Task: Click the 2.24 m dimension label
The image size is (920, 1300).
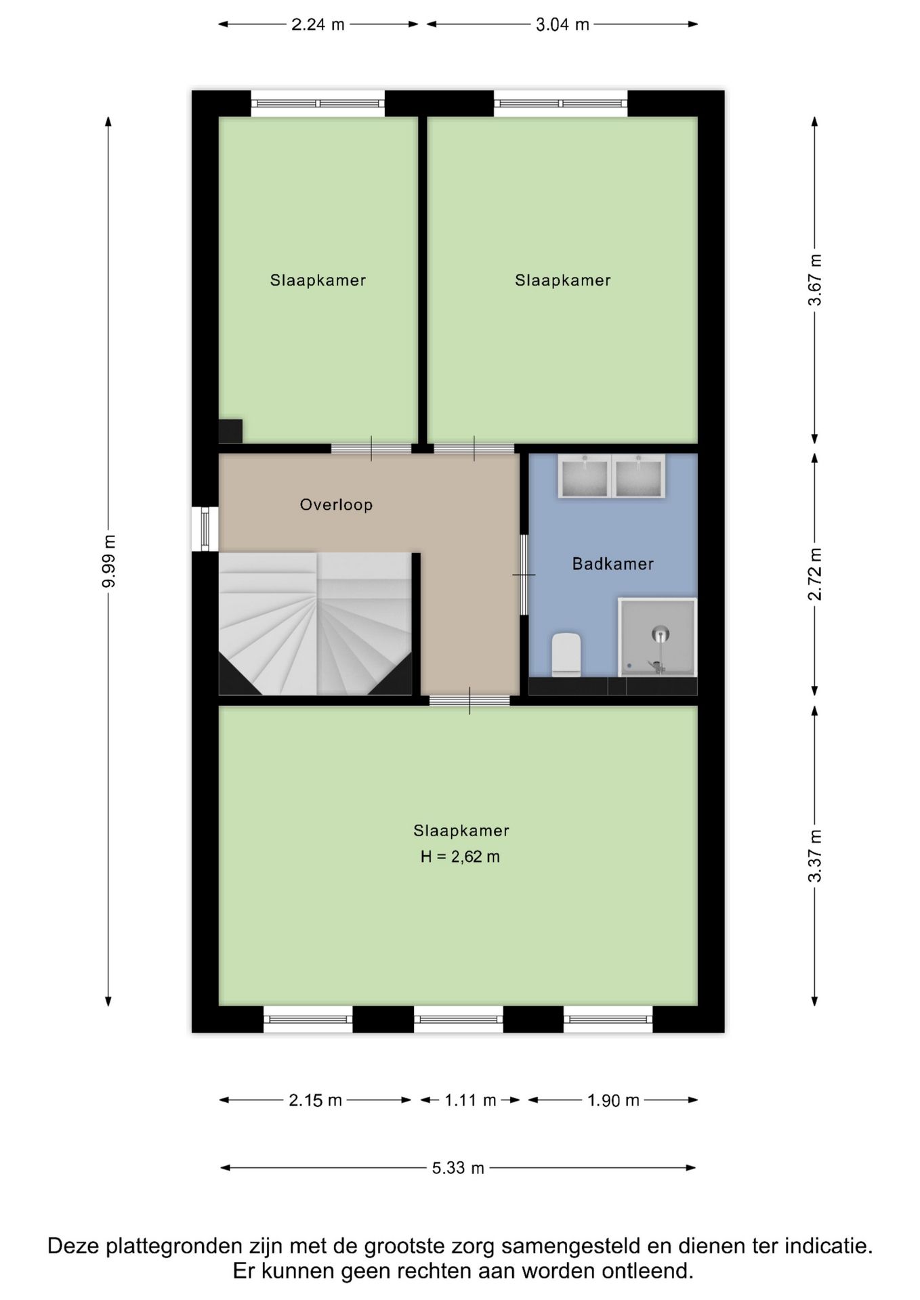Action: pyautogui.click(x=318, y=25)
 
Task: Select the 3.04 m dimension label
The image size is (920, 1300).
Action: pyautogui.click(x=562, y=25)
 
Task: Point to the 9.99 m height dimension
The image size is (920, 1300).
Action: pyautogui.click(x=108, y=561)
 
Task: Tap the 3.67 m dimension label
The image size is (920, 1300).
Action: pyautogui.click(x=815, y=280)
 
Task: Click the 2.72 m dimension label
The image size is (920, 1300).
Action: pyautogui.click(x=815, y=573)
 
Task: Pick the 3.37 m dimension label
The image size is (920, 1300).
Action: pyautogui.click(x=815, y=856)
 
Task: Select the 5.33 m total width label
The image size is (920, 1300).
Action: pyautogui.click(x=459, y=1168)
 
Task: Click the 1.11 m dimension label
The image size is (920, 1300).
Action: pyautogui.click(x=470, y=1100)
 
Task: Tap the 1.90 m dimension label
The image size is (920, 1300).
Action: pyautogui.click(x=613, y=1100)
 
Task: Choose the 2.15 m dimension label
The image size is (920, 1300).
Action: pyautogui.click(x=315, y=1100)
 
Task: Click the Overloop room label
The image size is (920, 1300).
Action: pyautogui.click(x=336, y=504)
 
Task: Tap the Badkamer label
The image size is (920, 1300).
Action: pyautogui.click(x=612, y=563)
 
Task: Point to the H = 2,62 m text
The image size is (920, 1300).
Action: pyautogui.click(x=460, y=857)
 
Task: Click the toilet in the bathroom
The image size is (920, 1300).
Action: pyautogui.click(x=566, y=654)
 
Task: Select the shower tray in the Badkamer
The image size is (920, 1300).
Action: pyautogui.click(x=657, y=636)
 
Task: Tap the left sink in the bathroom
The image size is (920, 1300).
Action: pyautogui.click(x=585, y=476)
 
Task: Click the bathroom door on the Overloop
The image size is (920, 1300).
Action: pyautogui.click(x=524, y=575)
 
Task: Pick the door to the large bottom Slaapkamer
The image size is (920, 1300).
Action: pyautogui.click(x=469, y=701)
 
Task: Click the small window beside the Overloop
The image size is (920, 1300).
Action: pyautogui.click(x=205, y=529)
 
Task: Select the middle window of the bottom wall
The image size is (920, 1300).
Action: pyautogui.click(x=459, y=1019)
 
